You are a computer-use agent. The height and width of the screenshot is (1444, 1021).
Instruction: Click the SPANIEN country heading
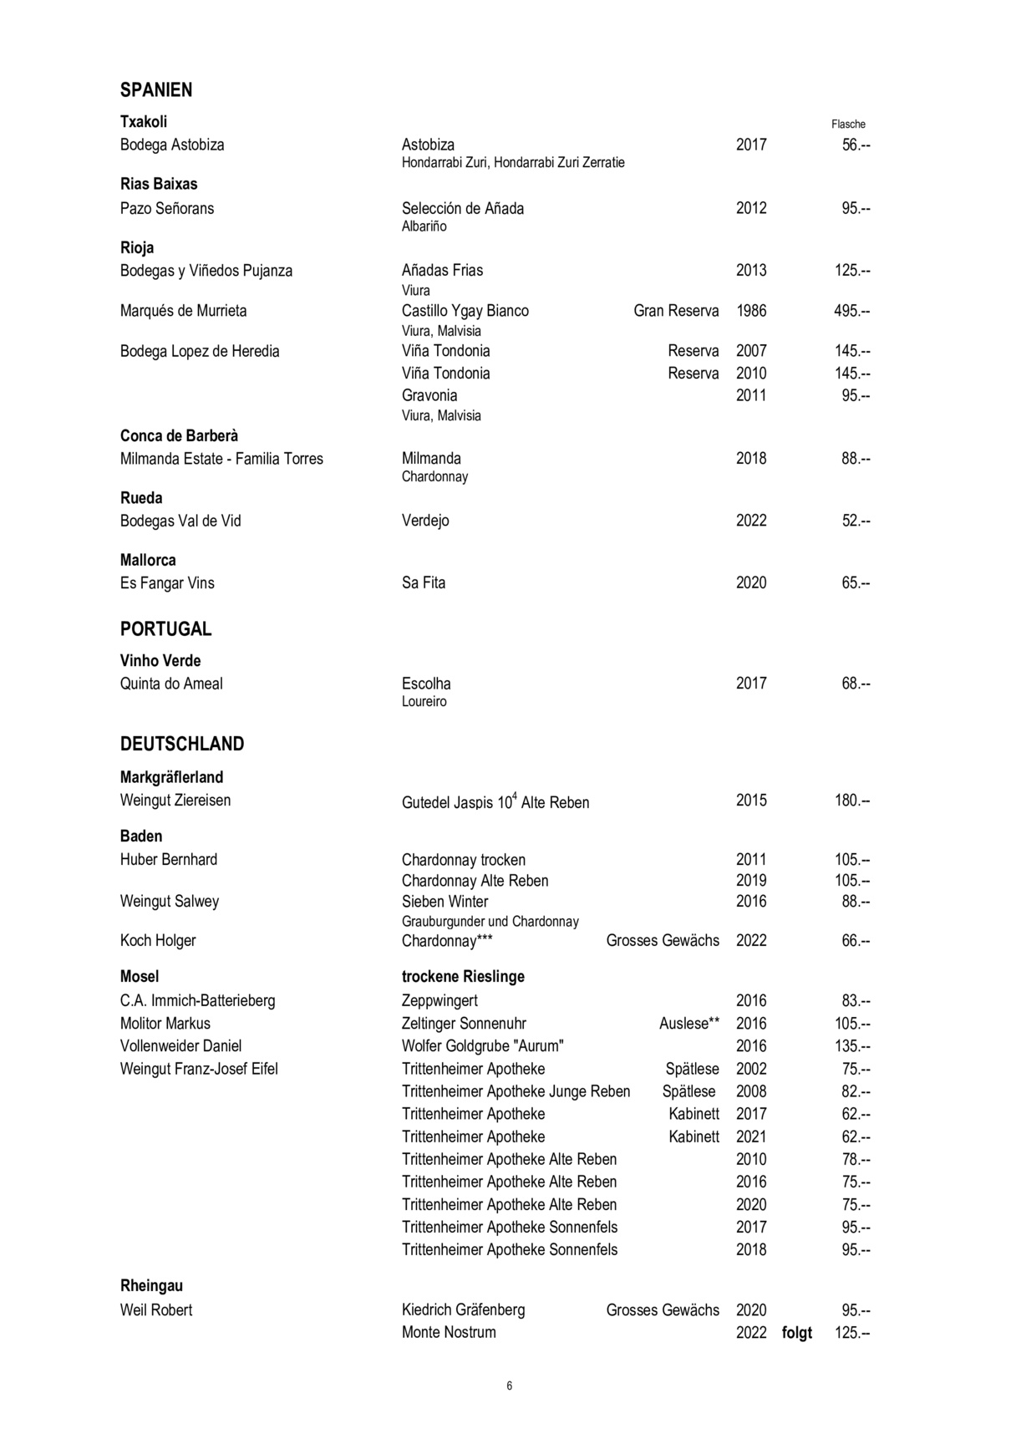[156, 89]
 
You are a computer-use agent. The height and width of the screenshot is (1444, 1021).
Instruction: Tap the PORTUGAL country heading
[165, 628]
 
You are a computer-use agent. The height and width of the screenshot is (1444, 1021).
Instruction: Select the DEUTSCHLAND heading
[182, 744]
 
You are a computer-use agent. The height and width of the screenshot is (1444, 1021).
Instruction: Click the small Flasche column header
[848, 124]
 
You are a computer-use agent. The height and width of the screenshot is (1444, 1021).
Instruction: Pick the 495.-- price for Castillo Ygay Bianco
[852, 311]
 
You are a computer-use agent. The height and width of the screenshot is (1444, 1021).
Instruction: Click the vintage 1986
[751, 311]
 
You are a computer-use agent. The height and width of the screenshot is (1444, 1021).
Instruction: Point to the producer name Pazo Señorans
[167, 208]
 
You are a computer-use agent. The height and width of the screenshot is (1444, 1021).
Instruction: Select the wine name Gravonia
[429, 395]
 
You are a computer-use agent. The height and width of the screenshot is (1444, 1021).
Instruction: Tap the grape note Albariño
[424, 226]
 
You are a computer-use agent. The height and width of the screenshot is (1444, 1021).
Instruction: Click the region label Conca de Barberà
[179, 435]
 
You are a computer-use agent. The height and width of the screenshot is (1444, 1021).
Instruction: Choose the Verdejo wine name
[425, 521]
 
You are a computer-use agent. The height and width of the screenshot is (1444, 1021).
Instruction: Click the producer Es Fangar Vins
[167, 582]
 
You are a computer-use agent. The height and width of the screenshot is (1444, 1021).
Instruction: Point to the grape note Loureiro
[424, 701]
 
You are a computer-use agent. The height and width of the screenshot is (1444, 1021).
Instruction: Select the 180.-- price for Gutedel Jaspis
[852, 800]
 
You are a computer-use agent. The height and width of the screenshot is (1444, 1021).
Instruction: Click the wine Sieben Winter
[445, 901]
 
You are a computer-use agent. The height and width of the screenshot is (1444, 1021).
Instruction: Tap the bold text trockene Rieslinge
[463, 976]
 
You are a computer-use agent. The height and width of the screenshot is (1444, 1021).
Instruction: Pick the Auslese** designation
[689, 1023]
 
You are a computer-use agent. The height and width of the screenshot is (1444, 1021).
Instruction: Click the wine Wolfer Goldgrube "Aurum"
[483, 1045]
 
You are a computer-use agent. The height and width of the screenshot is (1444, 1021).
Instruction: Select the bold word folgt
[797, 1332]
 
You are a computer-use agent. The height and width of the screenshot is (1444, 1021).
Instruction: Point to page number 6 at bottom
[510, 1386]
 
